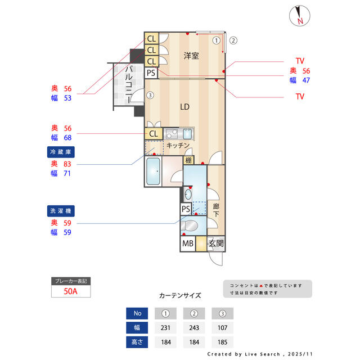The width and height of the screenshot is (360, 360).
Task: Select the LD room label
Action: point(184,106)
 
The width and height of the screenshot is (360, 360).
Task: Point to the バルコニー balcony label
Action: point(129,83)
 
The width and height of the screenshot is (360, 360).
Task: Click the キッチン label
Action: point(178,145)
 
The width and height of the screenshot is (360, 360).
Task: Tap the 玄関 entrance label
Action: point(216,244)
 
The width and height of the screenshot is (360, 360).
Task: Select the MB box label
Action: point(187,244)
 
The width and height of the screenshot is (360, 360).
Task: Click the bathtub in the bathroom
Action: point(154,172)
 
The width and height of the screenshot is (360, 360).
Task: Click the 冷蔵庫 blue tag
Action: point(61,152)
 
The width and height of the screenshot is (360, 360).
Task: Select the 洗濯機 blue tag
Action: point(61,211)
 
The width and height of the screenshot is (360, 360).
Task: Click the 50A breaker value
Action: point(70,291)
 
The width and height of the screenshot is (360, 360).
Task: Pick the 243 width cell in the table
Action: point(193,327)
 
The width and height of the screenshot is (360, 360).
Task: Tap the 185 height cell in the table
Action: point(222,341)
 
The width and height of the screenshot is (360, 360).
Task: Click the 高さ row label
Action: point(138,341)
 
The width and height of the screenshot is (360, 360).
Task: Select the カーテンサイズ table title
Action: point(179,295)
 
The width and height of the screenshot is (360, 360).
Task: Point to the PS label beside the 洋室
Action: point(151,73)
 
